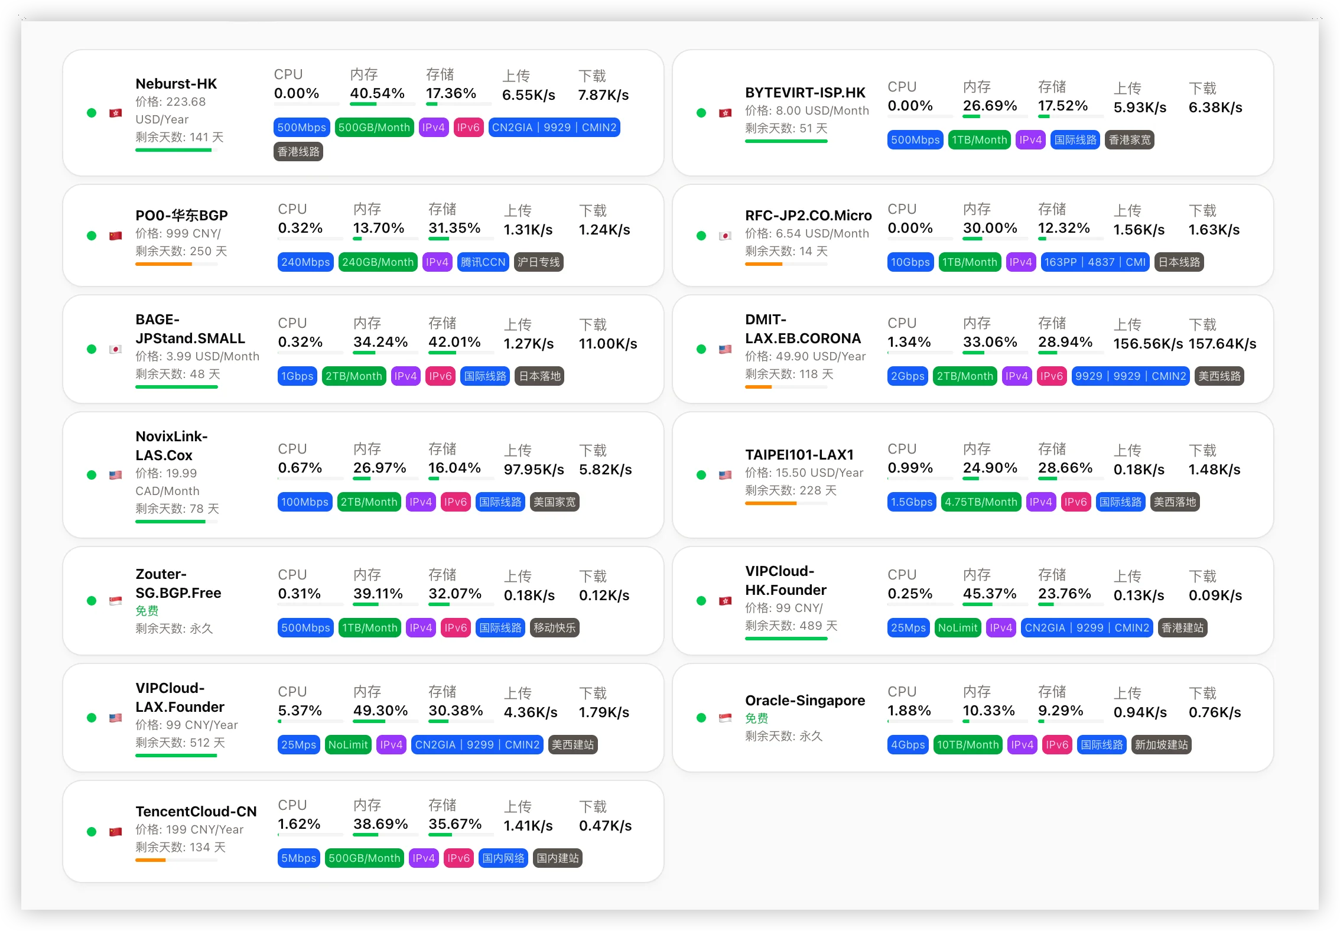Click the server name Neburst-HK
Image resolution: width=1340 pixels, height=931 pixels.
(x=176, y=84)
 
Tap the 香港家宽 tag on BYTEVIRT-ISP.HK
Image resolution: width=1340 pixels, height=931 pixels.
(x=1129, y=140)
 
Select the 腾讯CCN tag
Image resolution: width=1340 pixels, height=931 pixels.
(x=483, y=262)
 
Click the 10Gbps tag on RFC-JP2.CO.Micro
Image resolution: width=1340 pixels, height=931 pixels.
(x=910, y=262)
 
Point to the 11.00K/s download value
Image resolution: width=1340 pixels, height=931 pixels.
(x=608, y=344)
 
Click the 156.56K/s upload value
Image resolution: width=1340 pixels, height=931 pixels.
(x=1148, y=344)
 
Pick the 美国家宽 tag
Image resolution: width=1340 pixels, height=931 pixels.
(x=554, y=502)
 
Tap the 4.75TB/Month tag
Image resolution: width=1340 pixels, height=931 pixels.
(x=981, y=502)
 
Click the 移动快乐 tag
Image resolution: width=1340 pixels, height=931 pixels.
(x=554, y=628)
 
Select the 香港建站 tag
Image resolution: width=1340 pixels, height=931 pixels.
(x=1182, y=628)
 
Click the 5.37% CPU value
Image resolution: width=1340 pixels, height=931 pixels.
(x=300, y=711)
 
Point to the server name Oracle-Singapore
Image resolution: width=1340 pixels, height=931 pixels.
(x=805, y=701)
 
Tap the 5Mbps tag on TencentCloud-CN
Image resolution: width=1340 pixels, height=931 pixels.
(x=298, y=858)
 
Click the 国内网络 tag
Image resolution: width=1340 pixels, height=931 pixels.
(x=503, y=858)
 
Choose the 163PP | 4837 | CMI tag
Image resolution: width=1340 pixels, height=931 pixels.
(x=1095, y=262)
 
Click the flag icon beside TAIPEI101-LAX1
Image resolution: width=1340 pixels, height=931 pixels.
(x=726, y=475)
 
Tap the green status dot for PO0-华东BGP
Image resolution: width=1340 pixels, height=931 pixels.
(x=92, y=236)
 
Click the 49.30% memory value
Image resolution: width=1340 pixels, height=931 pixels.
(x=380, y=711)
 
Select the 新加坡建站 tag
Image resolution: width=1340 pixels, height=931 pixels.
(x=1161, y=745)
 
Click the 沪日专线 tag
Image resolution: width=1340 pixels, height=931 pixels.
(x=538, y=262)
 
